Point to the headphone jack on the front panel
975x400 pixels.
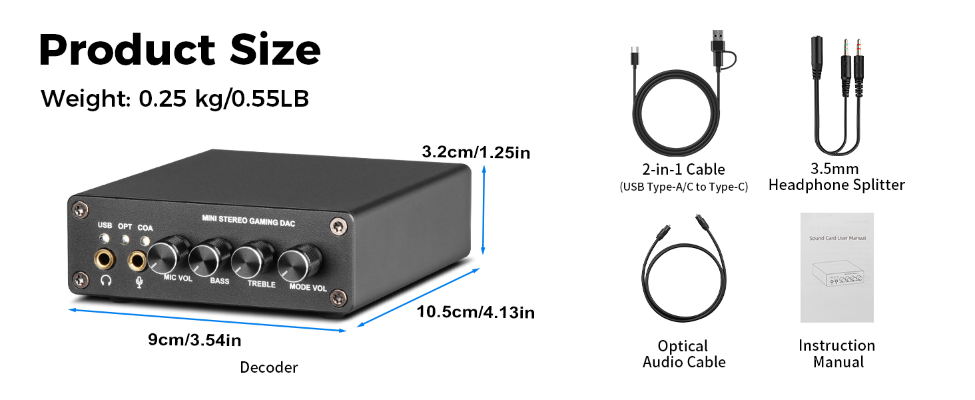(x=105, y=260)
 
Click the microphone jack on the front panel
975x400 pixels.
(x=137, y=262)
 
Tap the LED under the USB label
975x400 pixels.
(x=104, y=239)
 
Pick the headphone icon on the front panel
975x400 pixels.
(x=106, y=280)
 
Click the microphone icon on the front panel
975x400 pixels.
(x=139, y=283)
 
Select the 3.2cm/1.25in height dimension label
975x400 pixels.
(x=476, y=152)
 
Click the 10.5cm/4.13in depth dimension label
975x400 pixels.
(x=476, y=312)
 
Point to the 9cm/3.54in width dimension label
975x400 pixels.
(x=194, y=340)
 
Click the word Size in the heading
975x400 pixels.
(x=275, y=50)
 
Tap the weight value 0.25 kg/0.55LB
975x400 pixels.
(x=224, y=99)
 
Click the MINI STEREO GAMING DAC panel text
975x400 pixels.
(x=248, y=221)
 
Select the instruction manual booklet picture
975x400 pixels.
(x=837, y=267)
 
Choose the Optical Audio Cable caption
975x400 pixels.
(x=684, y=354)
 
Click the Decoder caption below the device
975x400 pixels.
(x=269, y=367)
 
